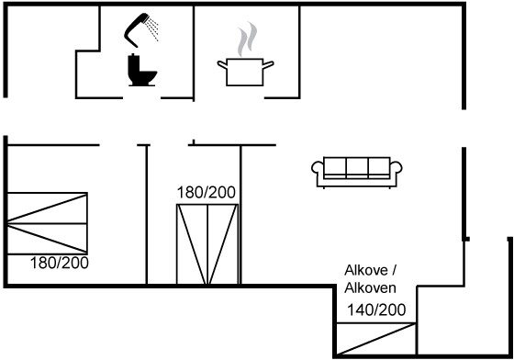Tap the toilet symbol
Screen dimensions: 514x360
pos(141,70)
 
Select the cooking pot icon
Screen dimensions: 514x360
pos(245,73)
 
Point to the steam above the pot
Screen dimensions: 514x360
pos(248,39)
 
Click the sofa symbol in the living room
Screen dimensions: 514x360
pos(357,173)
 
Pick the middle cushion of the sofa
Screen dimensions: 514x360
pos(357,167)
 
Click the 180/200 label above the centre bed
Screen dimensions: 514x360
pos(207,193)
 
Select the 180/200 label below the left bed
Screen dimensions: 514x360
pos(60,263)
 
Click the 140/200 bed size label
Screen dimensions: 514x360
pos(376,309)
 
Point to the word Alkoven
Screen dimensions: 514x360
pos(370,288)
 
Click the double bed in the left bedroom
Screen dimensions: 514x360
pos(47,223)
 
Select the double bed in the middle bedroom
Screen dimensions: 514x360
pos(207,244)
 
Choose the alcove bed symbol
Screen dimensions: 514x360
pos(376,339)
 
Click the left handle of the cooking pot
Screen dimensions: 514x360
pos(222,64)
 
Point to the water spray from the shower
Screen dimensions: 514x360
pos(152,28)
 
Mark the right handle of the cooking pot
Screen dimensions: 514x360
pos(268,64)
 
